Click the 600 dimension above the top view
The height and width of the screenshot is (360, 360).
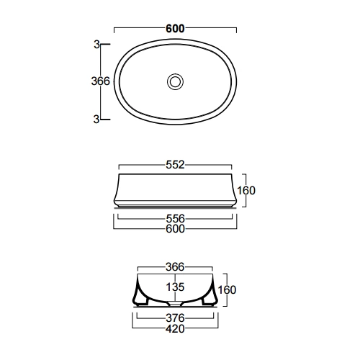pyautogui.click(x=175, y=29)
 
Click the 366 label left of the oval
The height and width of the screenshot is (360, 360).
pyautogui.click(x=100, y=81)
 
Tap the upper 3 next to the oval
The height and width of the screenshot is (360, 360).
pyautogui.click(x=96, y=45)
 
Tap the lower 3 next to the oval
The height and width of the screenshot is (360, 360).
pyautogui.click(x=96, y=119)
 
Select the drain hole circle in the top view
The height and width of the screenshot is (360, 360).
pyautogui.click(x=176, y=81)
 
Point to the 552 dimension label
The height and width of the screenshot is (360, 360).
pyautogui.click(x=175, y=165)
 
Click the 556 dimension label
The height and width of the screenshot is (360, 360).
pyautogui.click(x=176, y=219)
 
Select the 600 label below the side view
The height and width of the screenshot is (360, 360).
pyautogui.click(x=176, y=229)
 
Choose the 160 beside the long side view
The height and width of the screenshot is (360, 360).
pyautogui.click(x=246, y=191)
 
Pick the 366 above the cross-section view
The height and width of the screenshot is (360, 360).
pyautogui.click(x=175, y=267)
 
